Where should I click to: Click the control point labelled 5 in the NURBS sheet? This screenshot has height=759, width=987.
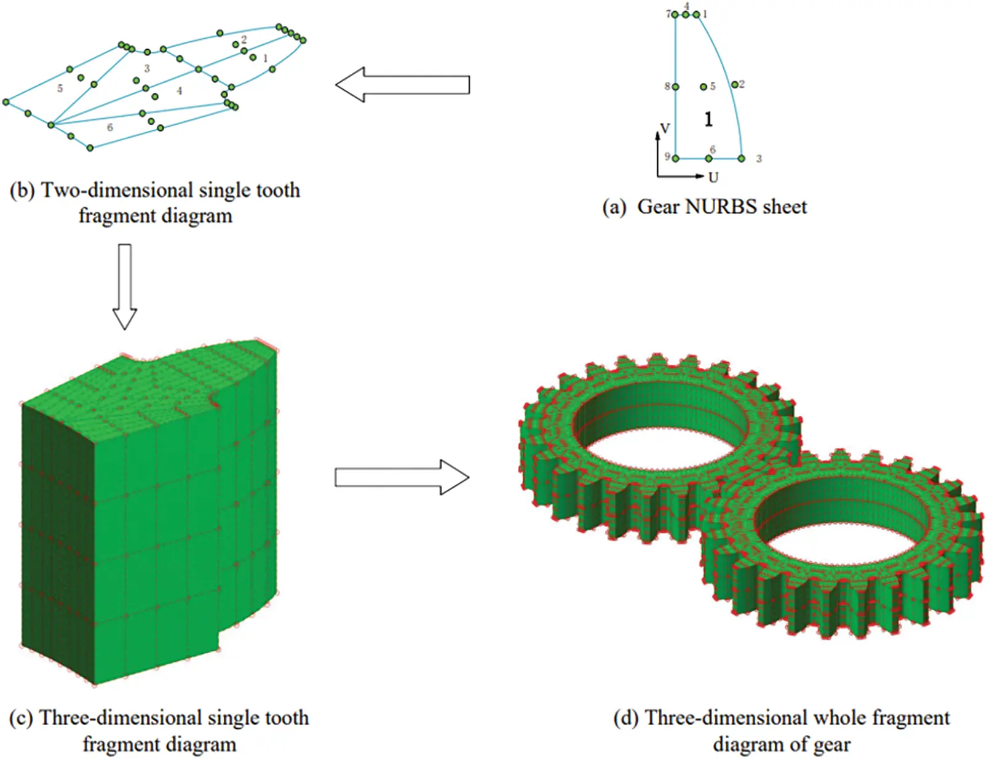coord(704,87)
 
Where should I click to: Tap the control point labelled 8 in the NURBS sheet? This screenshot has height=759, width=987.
coord(676,87)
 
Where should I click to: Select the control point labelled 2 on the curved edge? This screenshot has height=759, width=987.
coord(734,84)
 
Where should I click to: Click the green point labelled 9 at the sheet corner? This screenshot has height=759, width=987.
coord(676,159)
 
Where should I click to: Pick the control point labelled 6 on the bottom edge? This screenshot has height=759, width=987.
coord(708,159)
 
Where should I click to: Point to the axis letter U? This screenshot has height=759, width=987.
coord(713,178)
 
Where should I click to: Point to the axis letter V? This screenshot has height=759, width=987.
coord(664,129)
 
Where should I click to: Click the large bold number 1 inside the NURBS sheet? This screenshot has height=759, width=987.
coord(708,119)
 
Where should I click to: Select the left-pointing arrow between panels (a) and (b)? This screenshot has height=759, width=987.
coord(403,85)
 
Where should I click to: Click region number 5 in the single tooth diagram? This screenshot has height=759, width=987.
coord(60,89)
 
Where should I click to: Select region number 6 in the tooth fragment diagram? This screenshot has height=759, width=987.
coord(109,127)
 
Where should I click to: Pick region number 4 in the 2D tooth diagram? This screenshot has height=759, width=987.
coord(179,90)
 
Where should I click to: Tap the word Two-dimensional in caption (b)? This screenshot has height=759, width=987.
coord(117,191)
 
